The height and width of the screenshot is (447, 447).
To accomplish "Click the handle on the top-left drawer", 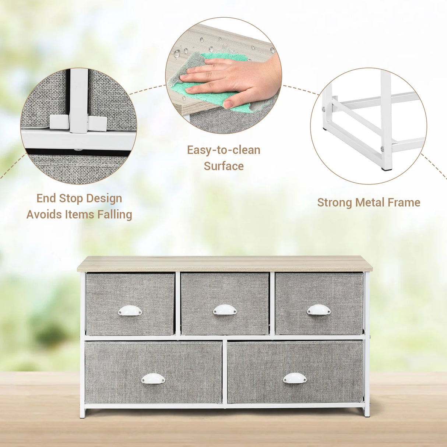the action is [x=130, y=310].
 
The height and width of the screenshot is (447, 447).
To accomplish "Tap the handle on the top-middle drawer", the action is [x=225, y=310].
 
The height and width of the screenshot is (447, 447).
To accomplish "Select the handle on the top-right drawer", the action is [x=319, y=310].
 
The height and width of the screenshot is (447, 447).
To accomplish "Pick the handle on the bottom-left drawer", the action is [x=153, y=379].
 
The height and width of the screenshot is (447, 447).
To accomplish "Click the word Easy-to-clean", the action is [x=223, y=150].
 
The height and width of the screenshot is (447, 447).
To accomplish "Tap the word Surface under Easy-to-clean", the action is [x=223, y=166].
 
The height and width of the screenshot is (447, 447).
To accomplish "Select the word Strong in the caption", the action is [x=335, y=203].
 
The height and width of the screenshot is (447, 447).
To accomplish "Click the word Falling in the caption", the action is [x=115, y=215].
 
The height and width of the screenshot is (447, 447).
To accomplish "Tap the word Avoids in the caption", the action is [x=45, y=214].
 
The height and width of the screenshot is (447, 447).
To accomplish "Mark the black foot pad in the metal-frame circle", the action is [x=387, y=169].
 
